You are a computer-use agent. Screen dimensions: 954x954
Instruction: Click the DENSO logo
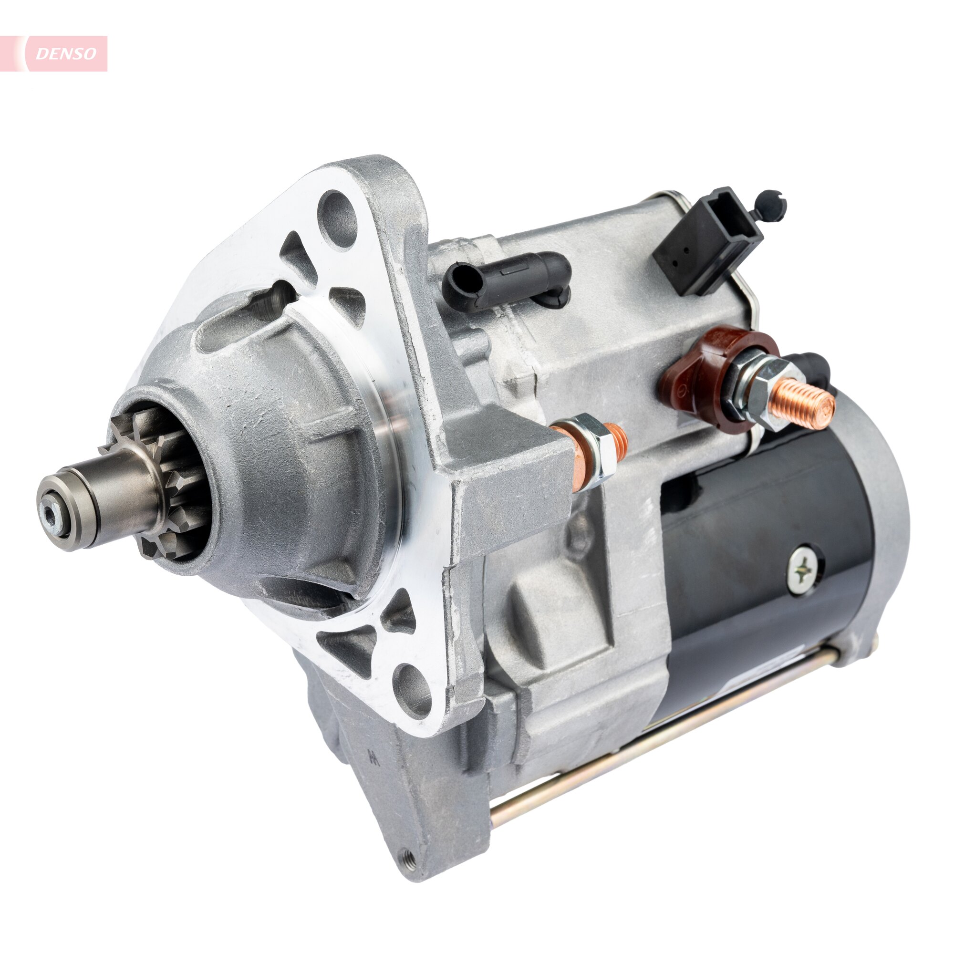click(x=66, y=54)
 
